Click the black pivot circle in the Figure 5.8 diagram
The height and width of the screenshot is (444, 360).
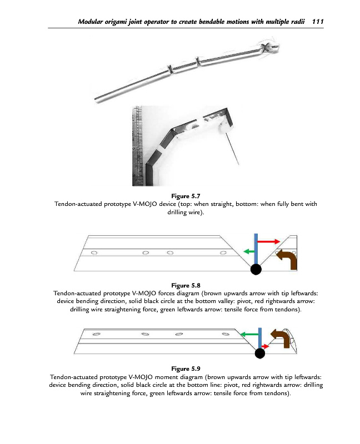click(256, 270)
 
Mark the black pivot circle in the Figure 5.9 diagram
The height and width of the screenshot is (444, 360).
click(259, 354)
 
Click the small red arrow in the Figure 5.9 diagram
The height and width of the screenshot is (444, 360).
click(266, 346)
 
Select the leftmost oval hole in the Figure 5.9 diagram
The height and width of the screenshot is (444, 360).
click(96, 334)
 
